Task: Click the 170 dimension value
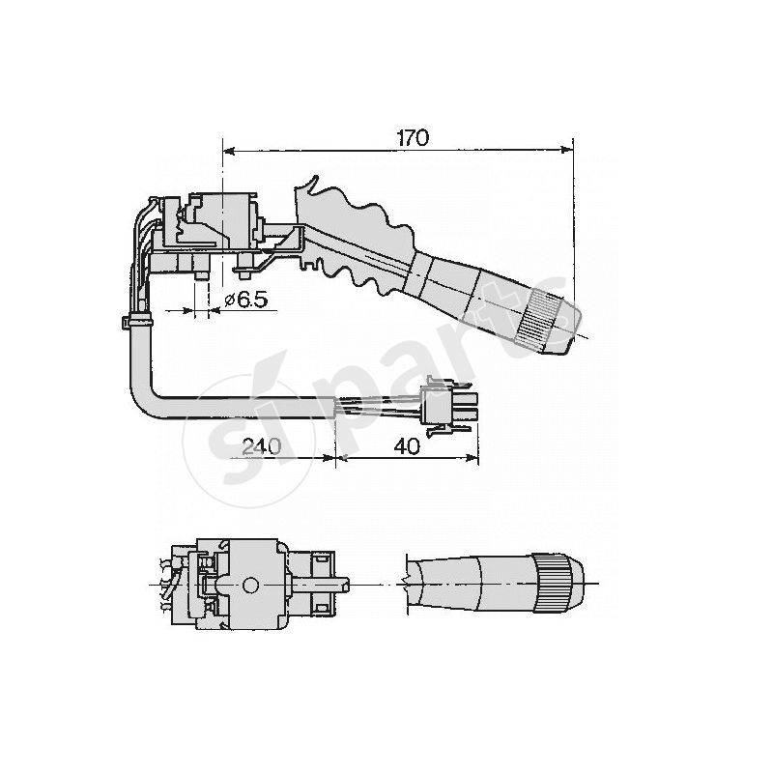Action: (414, 138)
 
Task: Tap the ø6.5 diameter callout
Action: (246, 300)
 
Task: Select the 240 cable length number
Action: (261, 446)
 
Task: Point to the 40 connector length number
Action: (407, 446)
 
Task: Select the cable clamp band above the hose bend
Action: (137, 322)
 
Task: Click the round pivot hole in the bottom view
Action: (250, 586)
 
